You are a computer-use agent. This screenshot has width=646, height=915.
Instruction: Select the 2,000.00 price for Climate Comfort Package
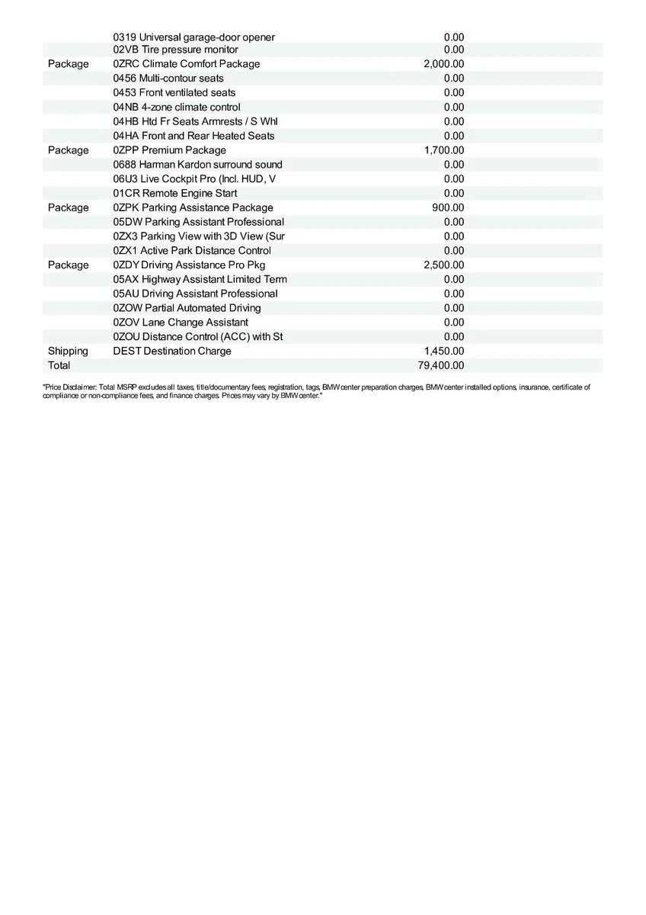(x=443, y=64)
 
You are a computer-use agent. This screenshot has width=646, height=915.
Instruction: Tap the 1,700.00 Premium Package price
(x=443, y=150)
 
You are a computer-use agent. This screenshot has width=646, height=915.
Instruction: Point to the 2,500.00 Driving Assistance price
(x=443, y=265)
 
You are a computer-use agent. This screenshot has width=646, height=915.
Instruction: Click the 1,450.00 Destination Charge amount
(x=443, y=351)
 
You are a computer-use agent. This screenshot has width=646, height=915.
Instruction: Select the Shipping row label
(x=68, y=351)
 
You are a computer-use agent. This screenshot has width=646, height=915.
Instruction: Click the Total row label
(x=59, y=365)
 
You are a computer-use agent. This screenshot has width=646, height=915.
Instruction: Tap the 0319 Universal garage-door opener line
(x=193, y=37)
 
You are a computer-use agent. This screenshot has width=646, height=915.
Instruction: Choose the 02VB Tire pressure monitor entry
(x=175, y=50)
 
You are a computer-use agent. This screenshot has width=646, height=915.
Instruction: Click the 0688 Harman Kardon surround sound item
(x=197, y=165)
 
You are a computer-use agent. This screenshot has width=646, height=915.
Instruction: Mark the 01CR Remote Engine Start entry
(x=174, y=193)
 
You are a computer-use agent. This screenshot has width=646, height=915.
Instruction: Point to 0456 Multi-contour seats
(x=168, y=78)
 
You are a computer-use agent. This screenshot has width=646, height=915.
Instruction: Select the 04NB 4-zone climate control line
(x=176, y=107)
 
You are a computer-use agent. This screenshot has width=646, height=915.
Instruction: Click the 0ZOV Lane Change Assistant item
(x=181, y=323)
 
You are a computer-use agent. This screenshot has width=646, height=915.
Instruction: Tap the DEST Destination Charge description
(x=172, y=351)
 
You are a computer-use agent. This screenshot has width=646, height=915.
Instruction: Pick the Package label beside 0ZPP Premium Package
(x=68, y=150)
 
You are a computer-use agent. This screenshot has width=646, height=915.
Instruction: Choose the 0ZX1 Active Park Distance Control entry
(x=192, y=250)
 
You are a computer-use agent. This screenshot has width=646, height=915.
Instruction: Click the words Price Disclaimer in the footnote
(x=69, y=387)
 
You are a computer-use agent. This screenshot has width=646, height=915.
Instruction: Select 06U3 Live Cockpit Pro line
(x=194, y=178)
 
